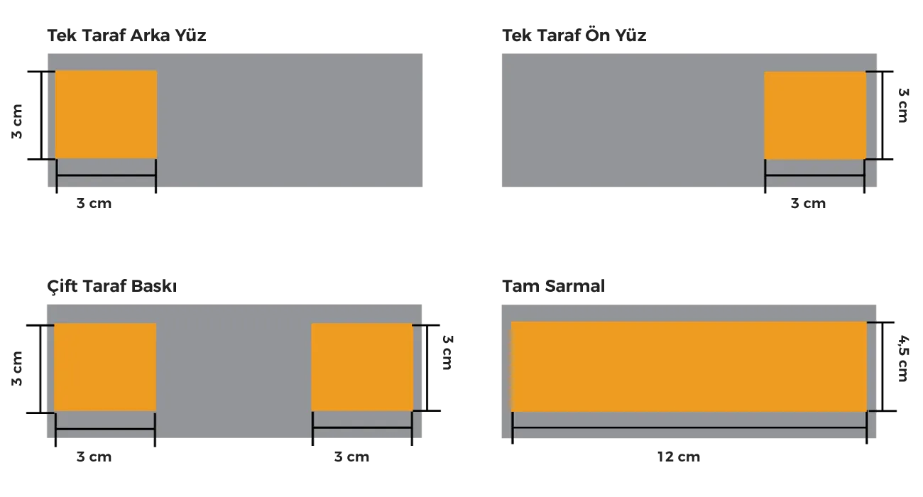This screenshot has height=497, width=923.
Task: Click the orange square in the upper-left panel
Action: (106, 114)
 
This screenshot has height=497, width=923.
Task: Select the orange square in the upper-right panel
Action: (815, 115)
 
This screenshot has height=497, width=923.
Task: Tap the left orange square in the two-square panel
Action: (105, 366)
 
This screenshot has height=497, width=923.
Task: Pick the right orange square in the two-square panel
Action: (362, 366)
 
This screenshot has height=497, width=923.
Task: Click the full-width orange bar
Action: (689, 366)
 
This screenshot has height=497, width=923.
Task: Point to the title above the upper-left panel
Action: (127, 38)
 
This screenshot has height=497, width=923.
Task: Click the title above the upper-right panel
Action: (574, 38)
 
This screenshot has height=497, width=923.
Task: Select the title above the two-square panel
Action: (110, 288)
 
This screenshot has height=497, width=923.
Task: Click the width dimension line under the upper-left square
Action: (106, 175)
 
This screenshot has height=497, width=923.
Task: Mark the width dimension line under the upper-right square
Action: (815, 175)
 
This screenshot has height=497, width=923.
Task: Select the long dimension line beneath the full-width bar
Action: (689, 429)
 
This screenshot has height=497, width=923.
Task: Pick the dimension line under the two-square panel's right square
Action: (362, 428)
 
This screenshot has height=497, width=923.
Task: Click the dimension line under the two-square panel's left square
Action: (105, 428)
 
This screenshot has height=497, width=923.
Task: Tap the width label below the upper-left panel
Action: (94, 204)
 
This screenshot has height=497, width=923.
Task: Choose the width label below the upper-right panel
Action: (809, 204)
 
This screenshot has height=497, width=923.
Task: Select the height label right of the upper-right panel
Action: (903, 105)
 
